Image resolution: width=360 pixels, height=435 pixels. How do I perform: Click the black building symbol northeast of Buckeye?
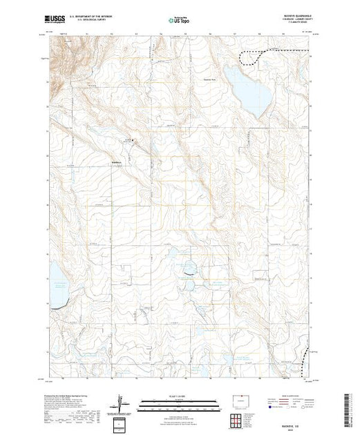coord(134,143)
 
